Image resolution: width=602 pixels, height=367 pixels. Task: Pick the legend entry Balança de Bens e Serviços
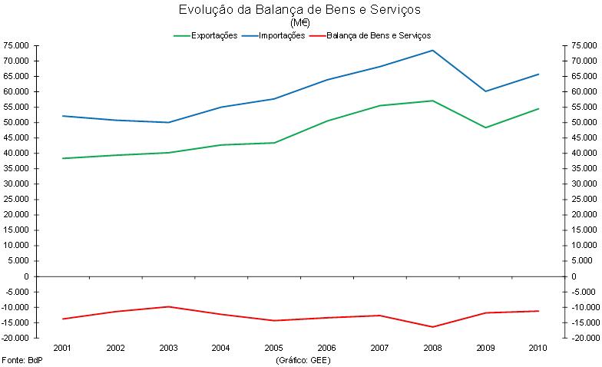379,35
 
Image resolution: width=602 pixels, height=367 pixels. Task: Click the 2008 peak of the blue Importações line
432,51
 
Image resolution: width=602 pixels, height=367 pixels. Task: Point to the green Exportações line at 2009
485,127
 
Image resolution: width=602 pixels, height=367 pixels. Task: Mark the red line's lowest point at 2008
432,327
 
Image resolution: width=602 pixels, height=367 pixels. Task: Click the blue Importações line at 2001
63,116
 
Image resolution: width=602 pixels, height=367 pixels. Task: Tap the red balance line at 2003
169,306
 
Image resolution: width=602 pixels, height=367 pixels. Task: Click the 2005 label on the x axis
274,348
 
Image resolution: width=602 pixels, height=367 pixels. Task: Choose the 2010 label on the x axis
538,348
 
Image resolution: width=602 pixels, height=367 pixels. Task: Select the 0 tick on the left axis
25,276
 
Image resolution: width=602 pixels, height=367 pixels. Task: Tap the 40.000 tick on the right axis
584,153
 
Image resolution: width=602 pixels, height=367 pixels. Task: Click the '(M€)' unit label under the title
300,21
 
